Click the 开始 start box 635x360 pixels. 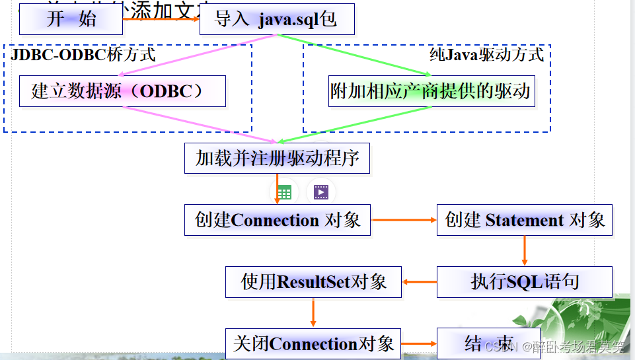71,19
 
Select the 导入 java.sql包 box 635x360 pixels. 277,19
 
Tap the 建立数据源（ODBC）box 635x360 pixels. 122,91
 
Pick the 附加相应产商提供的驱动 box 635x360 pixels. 431,91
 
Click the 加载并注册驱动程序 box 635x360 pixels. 277,159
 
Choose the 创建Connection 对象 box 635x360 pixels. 278,220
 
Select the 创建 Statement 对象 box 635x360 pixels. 525,220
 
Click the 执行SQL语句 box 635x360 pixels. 525,282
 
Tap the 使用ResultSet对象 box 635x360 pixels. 313,282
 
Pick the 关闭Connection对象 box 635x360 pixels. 313,343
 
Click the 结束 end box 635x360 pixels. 488,343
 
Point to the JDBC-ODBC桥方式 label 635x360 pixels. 83,54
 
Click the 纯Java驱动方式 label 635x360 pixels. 486,54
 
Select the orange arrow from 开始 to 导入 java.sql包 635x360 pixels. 161,19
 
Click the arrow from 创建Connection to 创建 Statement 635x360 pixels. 404,220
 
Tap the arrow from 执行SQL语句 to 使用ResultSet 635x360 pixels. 419,283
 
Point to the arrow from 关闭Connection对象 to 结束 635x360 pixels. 419,344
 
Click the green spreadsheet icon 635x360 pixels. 284,193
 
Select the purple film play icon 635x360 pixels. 321,193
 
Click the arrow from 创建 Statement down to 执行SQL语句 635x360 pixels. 525,250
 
